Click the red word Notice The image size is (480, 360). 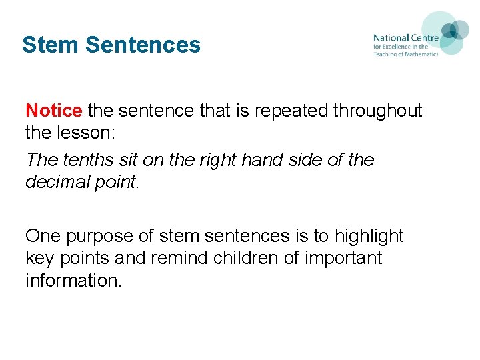53,110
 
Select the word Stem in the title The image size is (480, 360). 51,45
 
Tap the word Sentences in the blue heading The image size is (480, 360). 143,45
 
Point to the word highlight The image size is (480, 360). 369,237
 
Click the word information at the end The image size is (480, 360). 71,281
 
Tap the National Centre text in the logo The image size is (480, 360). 405,39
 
